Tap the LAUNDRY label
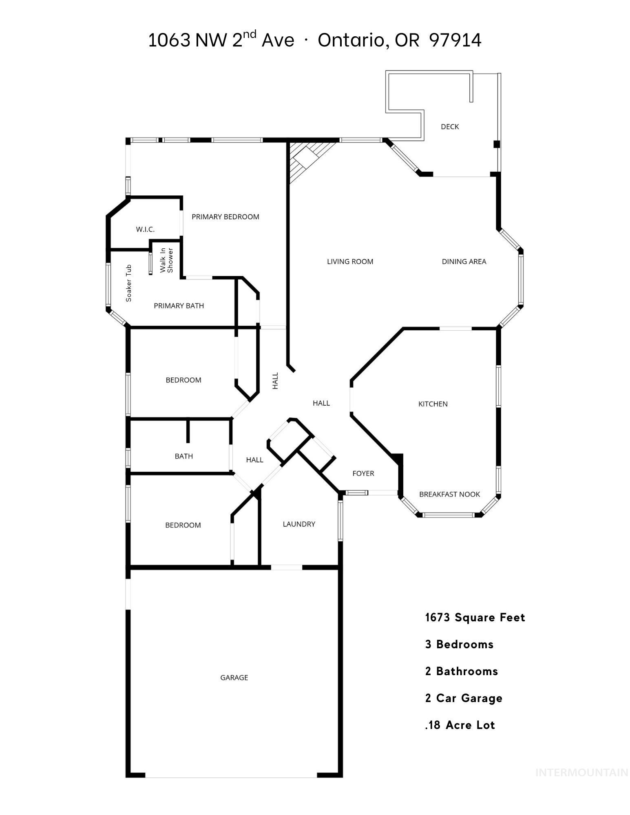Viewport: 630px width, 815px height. click(x=299, y=524)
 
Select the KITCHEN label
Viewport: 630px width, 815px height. click(x=433, y=404)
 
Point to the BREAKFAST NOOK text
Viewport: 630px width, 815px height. click(x=449, y=494)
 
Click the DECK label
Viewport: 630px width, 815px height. click(x=450, y=127)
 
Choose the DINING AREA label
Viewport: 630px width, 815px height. click(x=464, y=262)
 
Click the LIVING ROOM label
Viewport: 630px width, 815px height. click(x=350, y=262)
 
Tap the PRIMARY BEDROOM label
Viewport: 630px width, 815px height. click(x=225, y=217)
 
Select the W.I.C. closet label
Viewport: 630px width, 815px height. click(x=145, y=230)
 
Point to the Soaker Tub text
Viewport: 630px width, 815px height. click(x=129, y=283)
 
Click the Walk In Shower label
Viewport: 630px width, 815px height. click(x=166, y=260)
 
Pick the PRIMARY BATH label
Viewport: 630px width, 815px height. click(x=179, y=306)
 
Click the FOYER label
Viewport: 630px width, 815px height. click(x=363, y=473)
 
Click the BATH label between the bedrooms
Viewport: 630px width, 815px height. click(x=183, y=456)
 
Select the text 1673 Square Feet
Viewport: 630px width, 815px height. click(x=475, y=618)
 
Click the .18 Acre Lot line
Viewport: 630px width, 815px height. click(x=460, y=725)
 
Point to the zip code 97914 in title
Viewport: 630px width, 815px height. click(x=455, y=40)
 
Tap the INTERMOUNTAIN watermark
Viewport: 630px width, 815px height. click(x=581, y=773)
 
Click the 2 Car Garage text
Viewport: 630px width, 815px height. click(x=464, y=698)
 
